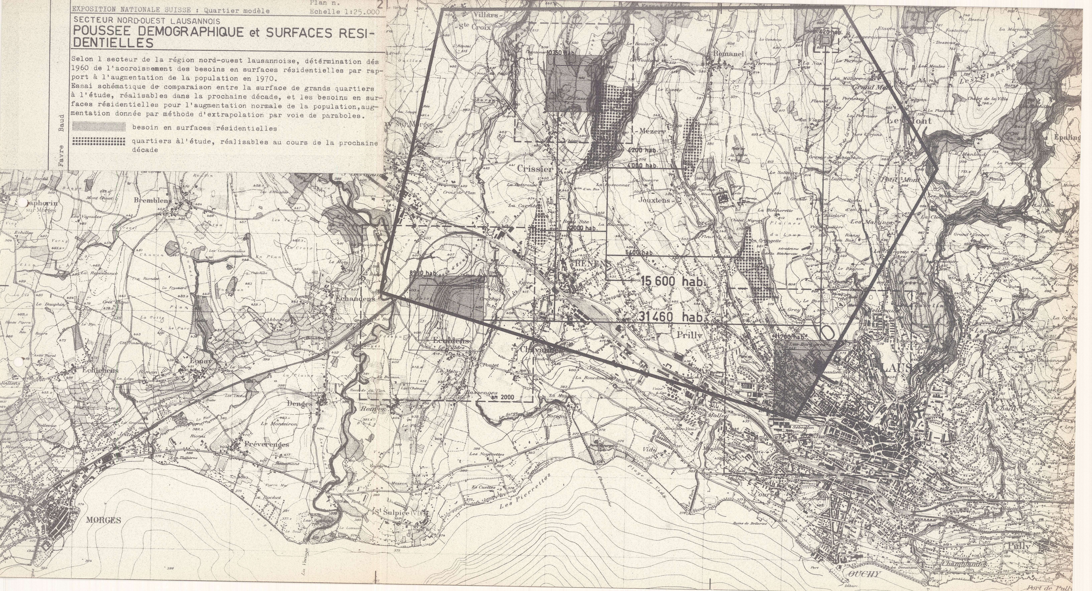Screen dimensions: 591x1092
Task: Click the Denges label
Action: coord(299,404)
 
